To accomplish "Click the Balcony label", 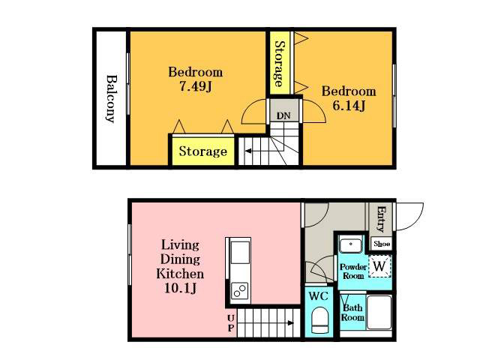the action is coord(111,98).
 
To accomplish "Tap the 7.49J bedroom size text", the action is coord(195,87).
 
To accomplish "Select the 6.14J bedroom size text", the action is coord(349,106).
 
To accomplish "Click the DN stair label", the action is coord(283,115).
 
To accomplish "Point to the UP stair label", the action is coord(231,323).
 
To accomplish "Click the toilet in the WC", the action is coord(319,320).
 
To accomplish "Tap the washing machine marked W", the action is coord(379,266).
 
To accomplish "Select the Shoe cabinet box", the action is coord(382,244).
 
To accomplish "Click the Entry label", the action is coord(381,219).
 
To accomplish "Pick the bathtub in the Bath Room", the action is coord(379,312).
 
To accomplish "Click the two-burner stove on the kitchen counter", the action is coord(239,290).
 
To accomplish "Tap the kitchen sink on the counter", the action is coord(240,253).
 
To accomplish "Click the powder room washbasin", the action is coord(351,244).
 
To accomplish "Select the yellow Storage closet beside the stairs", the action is coord(203,151).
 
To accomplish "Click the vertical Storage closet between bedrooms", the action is coord(280,63).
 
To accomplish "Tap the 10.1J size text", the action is coord(181,288).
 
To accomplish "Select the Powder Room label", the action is coord(353,271).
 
